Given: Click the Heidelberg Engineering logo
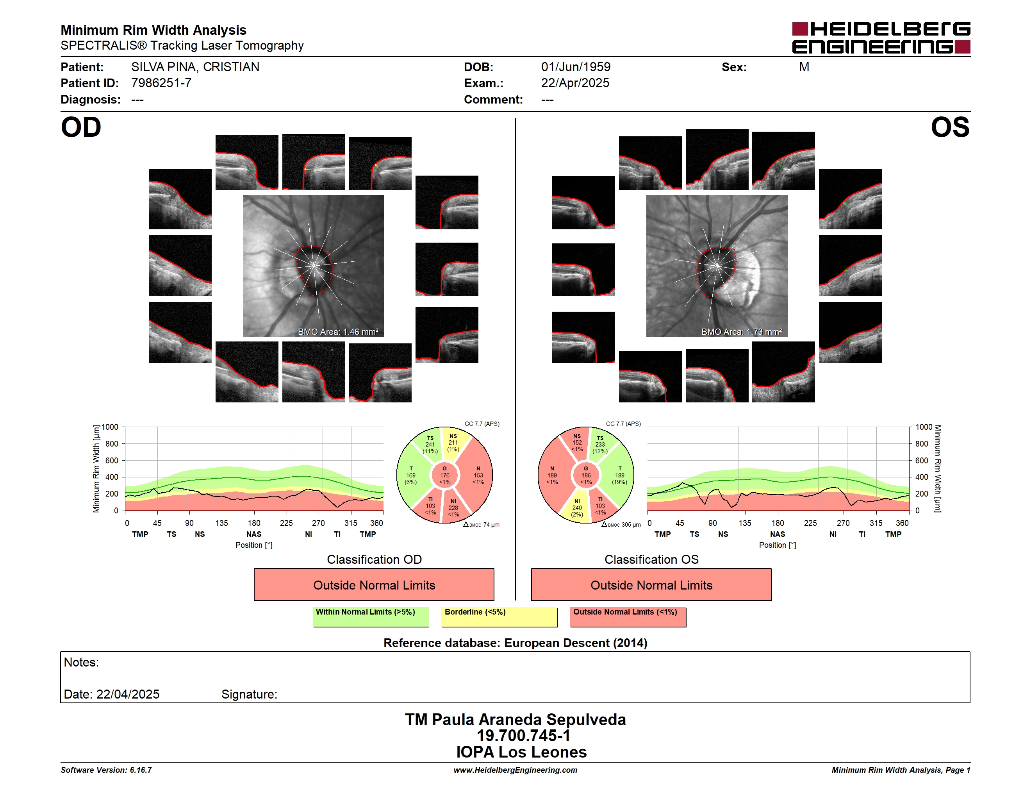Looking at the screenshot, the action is coord(881,38).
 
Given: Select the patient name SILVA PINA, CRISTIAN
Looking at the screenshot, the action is coord(195,67).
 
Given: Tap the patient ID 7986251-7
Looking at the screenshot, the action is coord(161,83).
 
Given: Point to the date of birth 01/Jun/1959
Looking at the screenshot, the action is coord(576,67).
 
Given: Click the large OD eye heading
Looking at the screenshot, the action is coord(81,127).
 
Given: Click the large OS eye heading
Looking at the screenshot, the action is coord(950,127).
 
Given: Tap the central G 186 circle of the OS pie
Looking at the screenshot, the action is coord(586,475).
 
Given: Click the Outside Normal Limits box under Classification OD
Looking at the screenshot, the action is coord(374,584).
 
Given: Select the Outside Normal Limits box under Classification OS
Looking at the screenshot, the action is coord(651,584).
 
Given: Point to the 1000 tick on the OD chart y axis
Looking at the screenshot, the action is coord(109,427).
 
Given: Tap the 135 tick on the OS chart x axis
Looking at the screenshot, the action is coord(745,523).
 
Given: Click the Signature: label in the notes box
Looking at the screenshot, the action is coord(249,694).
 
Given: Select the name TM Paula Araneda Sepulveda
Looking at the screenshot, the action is coord(515,719).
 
